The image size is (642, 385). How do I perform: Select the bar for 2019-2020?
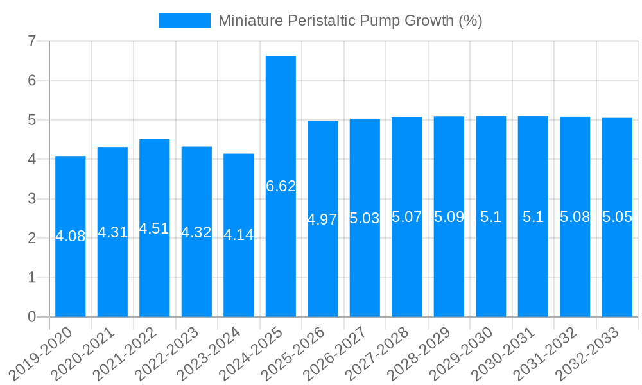(71, 193)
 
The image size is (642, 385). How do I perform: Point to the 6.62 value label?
(281, 186)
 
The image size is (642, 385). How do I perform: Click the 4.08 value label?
(71, 236)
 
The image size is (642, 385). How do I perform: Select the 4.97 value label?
(322, 219)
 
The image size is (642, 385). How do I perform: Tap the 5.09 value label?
(449, 217)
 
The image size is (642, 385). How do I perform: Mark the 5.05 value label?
(617, 217)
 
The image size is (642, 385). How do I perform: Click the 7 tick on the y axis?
(31, 41)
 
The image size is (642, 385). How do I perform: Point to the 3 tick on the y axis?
(31, 199)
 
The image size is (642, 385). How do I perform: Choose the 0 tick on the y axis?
(31, 317)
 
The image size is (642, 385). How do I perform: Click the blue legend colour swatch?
(184, 21)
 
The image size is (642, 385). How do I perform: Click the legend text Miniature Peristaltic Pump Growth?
(350, 21)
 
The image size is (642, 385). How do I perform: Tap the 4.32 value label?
(196, 232)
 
